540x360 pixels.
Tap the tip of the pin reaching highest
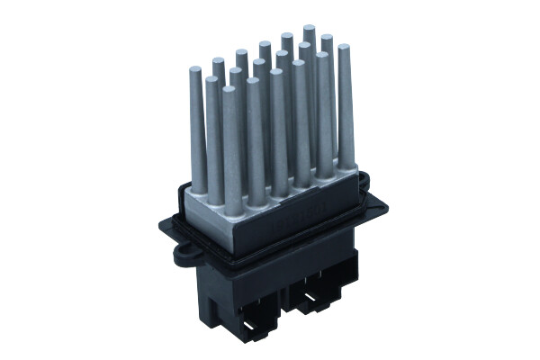pyautogui.click(x=309, y=29)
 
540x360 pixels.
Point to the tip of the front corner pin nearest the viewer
pyautogui.click(x=230, y=90)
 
